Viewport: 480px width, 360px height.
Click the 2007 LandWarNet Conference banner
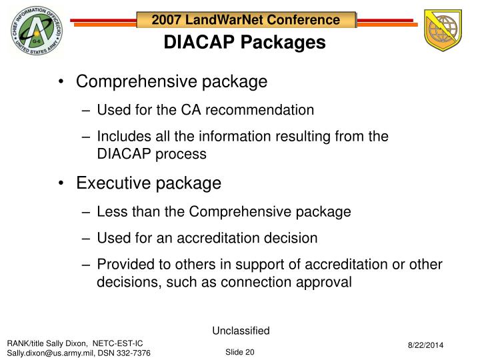pyautogui.click(x=245, y=20)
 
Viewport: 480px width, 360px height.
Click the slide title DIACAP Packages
pyautogui.click(x=245, y=43)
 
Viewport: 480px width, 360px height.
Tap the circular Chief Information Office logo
pyautogui.click(x=36, y=33)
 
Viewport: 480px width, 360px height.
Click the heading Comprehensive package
pyautogui.click(x=171, y=82)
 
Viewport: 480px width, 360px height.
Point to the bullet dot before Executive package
pyautogui.click(x=62, y=183)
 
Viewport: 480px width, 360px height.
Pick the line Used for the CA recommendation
pyautogui.click(x=205, y=109)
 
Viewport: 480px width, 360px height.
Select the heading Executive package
pyautogui.click(x=148, y=183)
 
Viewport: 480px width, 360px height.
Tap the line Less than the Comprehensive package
pyautogui.click(x=223, y=212)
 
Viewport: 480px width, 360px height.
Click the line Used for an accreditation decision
pyautogui.click(x=207, y=238)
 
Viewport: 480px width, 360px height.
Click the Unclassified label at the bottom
pyautogui.click(x=240, y=330)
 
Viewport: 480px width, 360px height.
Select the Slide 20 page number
pyautogui.click(x=239, y=351)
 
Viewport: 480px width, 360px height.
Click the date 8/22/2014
pyautogui.click(x=425, y=344)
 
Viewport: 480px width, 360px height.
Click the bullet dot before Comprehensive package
pyautogui.click(x=62, y=82)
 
